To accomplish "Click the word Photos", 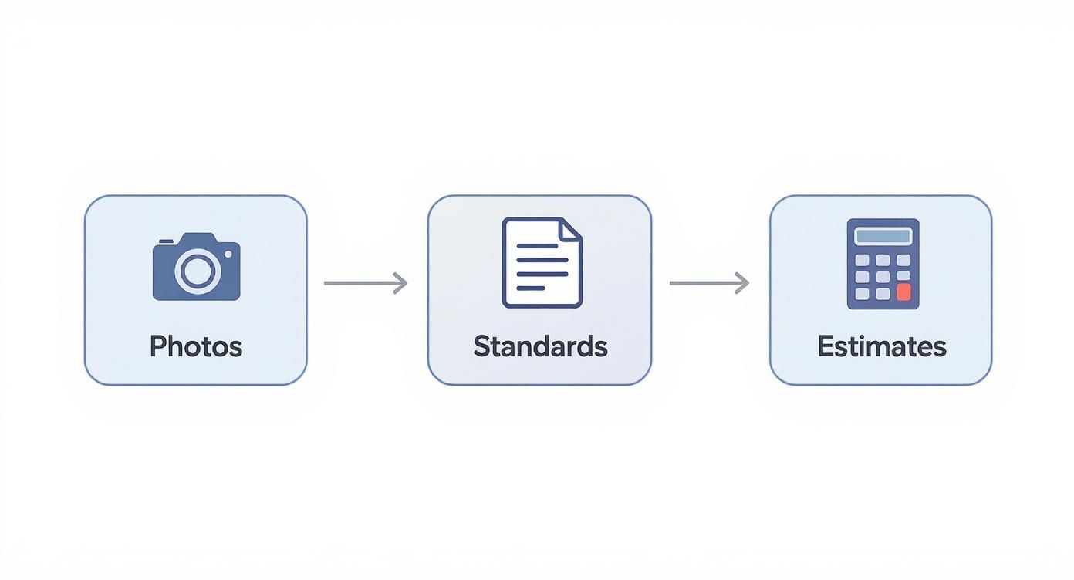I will (196, 346).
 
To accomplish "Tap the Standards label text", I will (540, 346).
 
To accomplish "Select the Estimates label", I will (882, 346).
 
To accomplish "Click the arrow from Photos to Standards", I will (365, 283).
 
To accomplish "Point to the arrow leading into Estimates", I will (708, 283).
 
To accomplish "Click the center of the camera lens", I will (197, 269).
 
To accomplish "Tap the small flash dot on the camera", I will (228, 254).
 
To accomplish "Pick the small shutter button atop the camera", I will (164, 241).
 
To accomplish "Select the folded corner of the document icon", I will (572, 228).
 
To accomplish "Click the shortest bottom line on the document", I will (531, 288).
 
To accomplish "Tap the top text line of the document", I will (537, 246).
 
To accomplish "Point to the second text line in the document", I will (542, 260).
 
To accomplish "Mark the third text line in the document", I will (542, 274).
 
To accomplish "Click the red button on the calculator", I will (903, 292).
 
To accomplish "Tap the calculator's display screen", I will (883, 236).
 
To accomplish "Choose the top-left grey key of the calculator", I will (863, 260).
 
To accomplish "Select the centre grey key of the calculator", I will (883, 276).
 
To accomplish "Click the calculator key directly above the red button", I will (903, 276).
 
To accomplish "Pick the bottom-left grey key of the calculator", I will (863, 293).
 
